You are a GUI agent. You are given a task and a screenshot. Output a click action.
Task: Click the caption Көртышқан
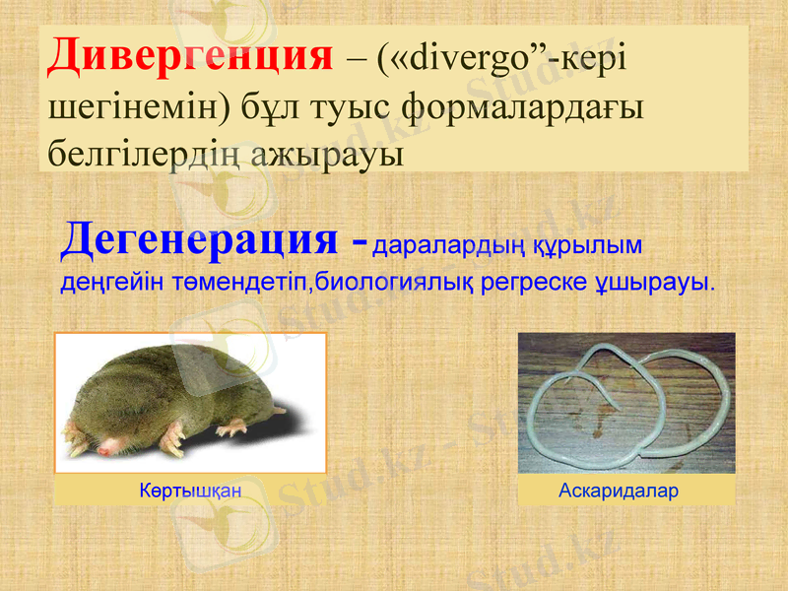[190, 490]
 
